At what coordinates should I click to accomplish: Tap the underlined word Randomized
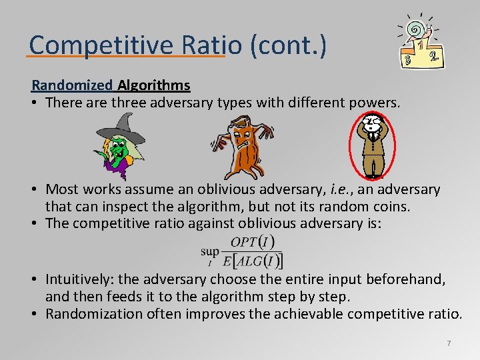point(73,85)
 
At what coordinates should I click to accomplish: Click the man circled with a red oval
point(373,143)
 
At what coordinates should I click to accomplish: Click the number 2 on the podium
point(435,57)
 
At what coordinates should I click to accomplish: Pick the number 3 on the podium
point(407,61)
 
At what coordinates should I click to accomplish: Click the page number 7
point(449,343)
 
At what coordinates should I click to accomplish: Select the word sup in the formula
point(210,251)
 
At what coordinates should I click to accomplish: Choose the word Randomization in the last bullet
point(94,313)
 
